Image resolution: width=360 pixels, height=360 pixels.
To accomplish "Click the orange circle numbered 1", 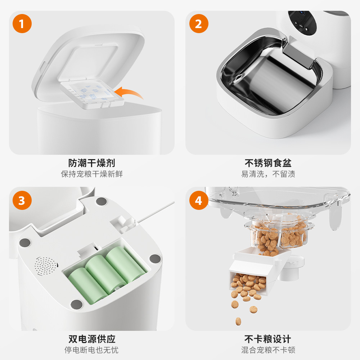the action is click(x=22, y=24).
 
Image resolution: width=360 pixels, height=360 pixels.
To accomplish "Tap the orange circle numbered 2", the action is click(x=199, y=24).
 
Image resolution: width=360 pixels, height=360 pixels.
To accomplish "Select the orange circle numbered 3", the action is click(x=22, y=200).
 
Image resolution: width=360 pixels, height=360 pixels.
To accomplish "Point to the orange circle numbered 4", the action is click(x=199, y=200).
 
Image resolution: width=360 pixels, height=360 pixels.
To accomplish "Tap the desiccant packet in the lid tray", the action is click(x=92, y=92).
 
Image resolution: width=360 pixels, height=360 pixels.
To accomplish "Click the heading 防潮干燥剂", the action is click(x=91, y=163).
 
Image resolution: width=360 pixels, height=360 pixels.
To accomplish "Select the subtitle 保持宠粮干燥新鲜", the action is click(x=92, y=174).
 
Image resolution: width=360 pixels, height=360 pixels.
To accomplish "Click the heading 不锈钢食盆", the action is click(x=268, y=163).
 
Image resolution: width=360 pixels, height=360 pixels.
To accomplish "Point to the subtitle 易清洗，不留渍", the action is click(x=268, y=174).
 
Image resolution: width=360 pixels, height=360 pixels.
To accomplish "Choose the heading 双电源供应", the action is click(x=92, y=339).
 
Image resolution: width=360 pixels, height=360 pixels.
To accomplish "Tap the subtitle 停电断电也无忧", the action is click(x=91, y=350).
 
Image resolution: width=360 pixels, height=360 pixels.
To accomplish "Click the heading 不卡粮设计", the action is click(x=268, y=339).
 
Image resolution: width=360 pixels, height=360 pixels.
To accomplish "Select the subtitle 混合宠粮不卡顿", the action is click(x=268, y=350).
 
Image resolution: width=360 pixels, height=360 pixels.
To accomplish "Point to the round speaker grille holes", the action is click(x=46, y=266).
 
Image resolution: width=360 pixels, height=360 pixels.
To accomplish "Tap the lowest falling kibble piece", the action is click(x=238, y=321).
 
